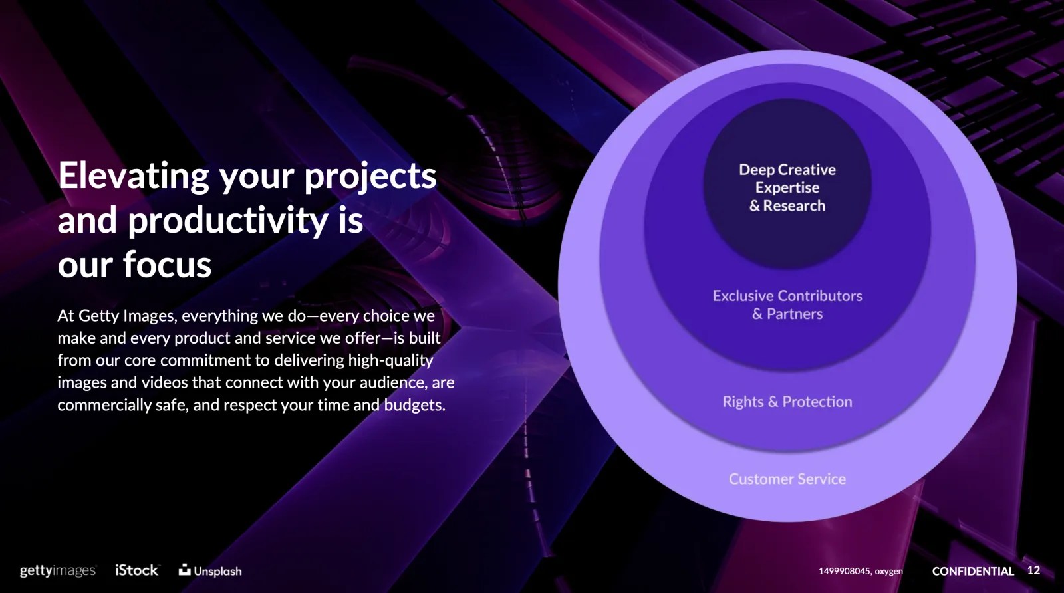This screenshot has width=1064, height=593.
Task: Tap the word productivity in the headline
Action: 228,221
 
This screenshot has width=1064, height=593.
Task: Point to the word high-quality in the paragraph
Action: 390,360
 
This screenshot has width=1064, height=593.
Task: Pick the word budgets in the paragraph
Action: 414,405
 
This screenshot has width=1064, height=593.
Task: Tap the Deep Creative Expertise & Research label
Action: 787,187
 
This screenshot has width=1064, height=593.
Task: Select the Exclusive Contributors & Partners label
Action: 787,304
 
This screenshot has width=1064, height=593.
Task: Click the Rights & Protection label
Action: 787,402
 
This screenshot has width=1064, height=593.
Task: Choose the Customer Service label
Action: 787,479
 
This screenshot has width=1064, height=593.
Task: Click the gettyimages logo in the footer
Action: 58,570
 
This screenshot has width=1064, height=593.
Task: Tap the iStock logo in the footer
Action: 137,570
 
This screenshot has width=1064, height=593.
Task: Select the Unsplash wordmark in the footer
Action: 217,571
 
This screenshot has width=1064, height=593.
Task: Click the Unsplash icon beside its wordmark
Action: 184,570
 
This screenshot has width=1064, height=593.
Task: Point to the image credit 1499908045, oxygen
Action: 861,571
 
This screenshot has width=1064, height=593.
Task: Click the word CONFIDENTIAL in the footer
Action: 973,571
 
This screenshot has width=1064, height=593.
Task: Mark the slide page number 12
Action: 1033,570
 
